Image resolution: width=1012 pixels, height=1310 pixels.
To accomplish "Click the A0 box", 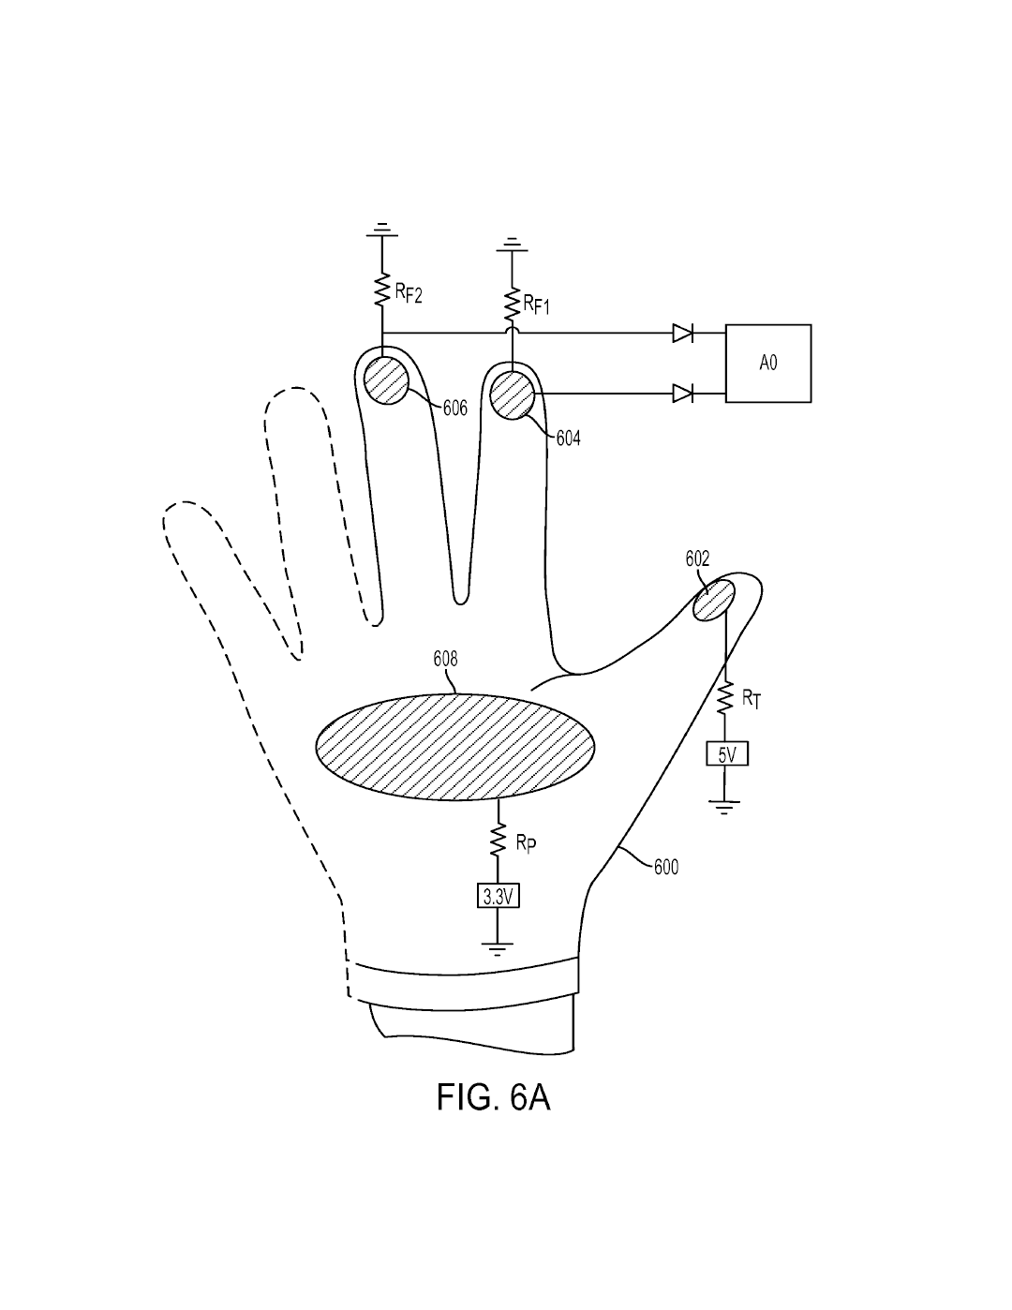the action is (x=767, y=364).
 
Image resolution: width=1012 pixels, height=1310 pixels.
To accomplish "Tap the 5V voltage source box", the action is (x=727, y=753).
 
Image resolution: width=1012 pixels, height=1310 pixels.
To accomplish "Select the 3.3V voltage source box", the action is (x=498, y=897).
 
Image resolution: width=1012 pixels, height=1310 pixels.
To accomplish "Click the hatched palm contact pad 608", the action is (x=455, y=747).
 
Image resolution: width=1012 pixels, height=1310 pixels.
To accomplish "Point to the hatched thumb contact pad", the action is (x=714, y=599).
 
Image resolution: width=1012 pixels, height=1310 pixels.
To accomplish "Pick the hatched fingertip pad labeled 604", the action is (x=513, y=395).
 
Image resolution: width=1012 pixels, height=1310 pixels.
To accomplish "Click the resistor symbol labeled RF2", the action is (x=382, y=290).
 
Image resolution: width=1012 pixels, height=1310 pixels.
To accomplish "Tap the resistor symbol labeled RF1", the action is (x=512, y=305).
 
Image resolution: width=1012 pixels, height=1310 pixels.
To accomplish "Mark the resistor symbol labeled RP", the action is (x=498, y=840).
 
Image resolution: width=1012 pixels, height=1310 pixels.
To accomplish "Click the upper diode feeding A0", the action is (x=682, y=333).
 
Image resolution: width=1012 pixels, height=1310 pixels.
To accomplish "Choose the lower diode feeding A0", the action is (x=682, y=394).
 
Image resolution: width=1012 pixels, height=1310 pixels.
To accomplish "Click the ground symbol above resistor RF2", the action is (x=382, y=230).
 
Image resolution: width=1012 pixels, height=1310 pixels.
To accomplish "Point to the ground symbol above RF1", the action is (x=512, y=245).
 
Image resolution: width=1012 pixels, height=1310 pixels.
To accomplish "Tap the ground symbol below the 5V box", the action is (x=724, y=807).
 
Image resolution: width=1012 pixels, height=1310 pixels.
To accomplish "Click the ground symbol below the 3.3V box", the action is (x=498, y=949).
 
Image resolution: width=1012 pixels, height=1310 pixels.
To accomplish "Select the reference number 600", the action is (x=666, y=868).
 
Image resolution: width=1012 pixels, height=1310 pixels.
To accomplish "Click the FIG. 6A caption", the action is (x=493, y=1097).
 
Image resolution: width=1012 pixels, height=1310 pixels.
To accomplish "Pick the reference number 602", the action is (x=697, y=559).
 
